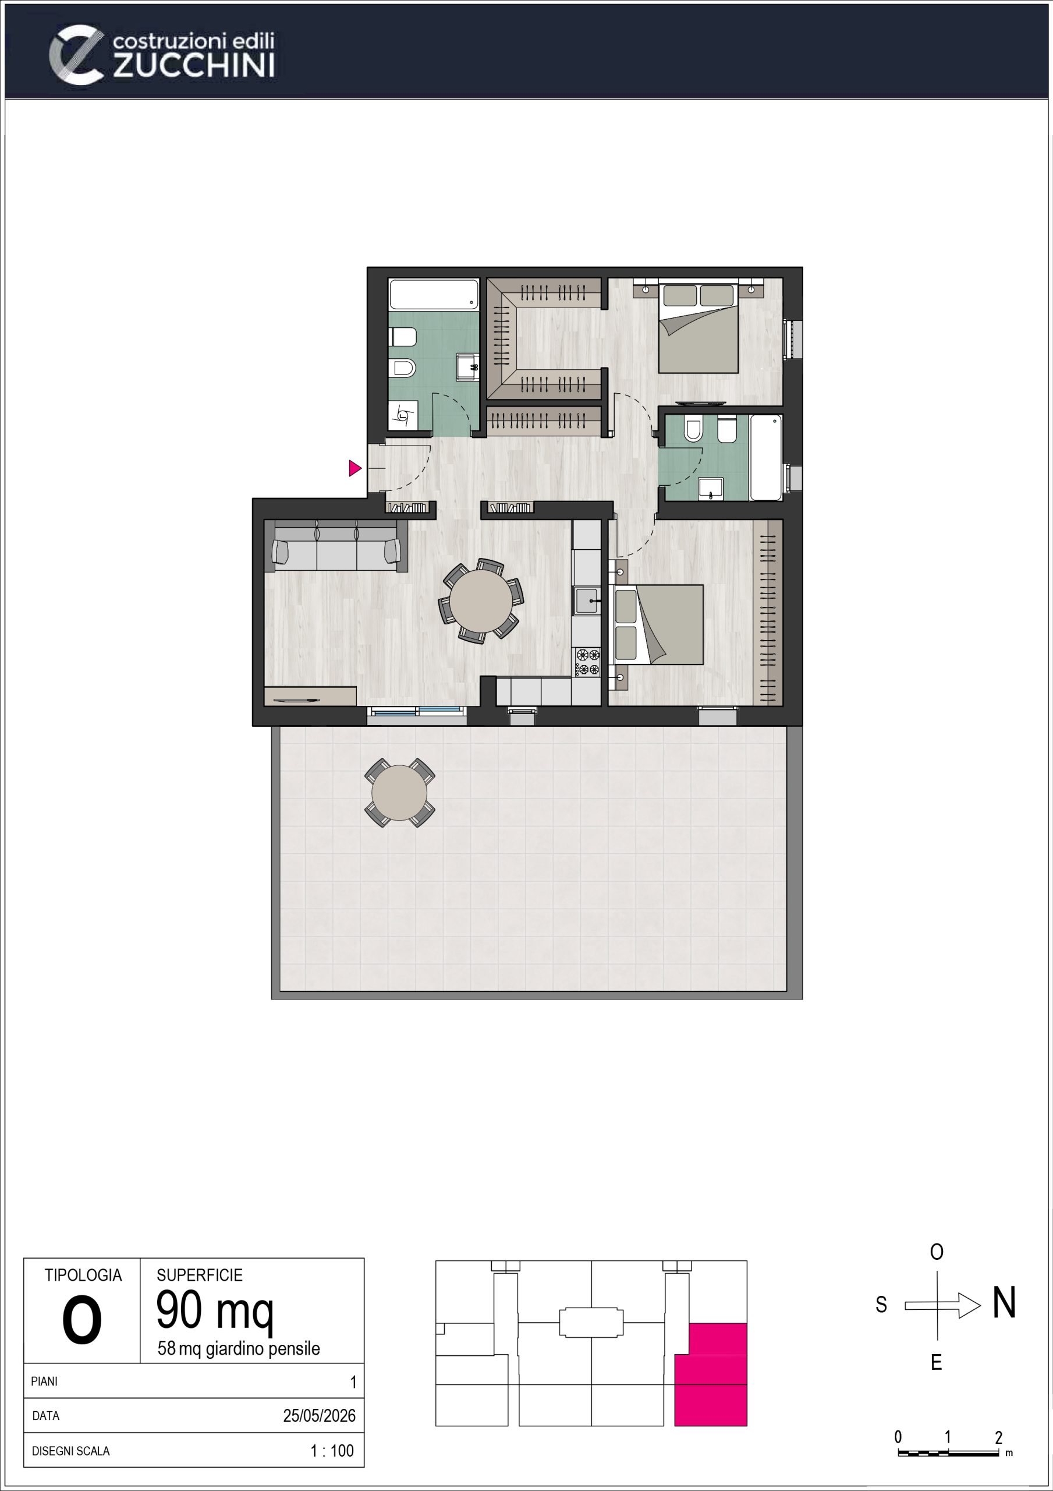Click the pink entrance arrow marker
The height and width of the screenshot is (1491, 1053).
click(x=354, y=468)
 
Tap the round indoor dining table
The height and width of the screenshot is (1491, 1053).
click(x=481, y=600)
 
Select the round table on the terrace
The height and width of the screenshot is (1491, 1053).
click(x=399, y=793)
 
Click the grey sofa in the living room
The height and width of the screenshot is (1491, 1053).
click(x=336, y=546)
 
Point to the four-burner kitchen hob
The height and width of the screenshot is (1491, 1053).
click(x=587, y=662)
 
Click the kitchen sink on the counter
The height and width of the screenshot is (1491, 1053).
click(x=586, y=600)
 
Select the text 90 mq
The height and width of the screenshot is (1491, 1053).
click(x=215, y=1310)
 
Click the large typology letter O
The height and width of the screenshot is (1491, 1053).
click(x=82, y=1321)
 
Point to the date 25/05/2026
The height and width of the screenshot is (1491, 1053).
click(x=320, y=1416)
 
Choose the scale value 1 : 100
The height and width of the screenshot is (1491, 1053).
click(x=332, y=1451)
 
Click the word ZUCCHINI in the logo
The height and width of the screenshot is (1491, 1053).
click(x=193, y=66)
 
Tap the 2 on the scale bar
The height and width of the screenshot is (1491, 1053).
click(x=998, y=1437)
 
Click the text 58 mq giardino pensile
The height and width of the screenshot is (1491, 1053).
click(x=239, y=1349)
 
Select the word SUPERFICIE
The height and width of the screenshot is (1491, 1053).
click(x=199, y=1275)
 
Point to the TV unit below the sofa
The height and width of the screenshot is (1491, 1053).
click(x=310, y=696)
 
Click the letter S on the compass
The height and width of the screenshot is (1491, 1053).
click(x=881, y=1305)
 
